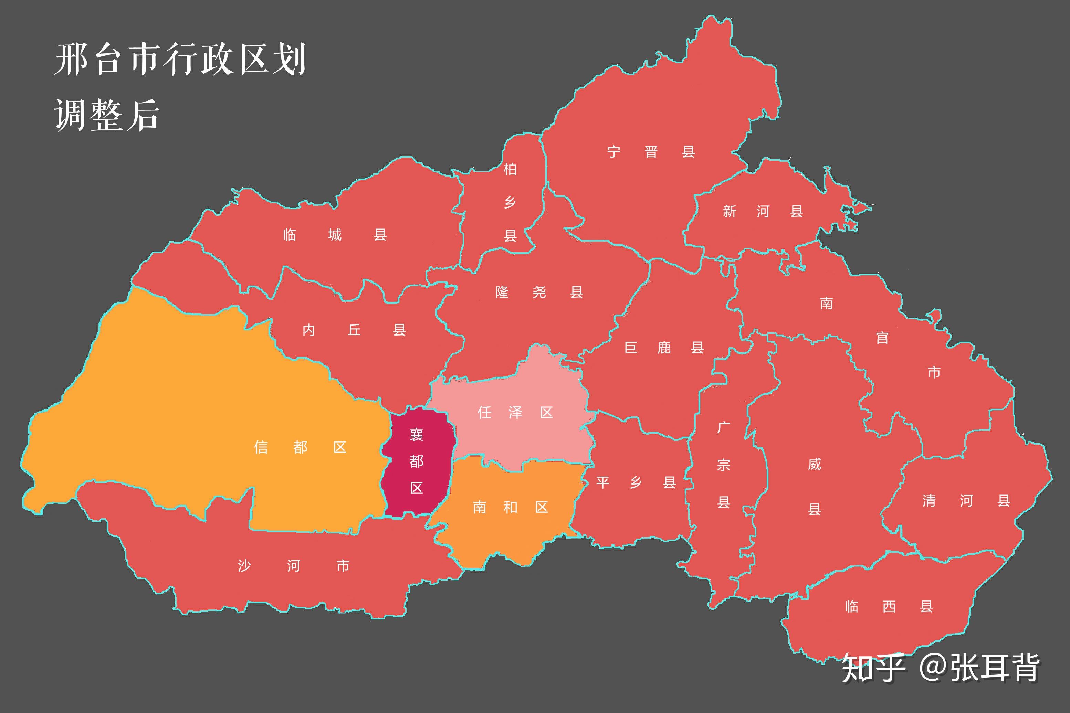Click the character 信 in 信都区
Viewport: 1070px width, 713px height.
click(x=261, y=447)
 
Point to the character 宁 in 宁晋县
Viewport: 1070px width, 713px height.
click(x=614, y=152)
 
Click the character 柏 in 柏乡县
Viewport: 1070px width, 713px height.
click(x=510, y=170)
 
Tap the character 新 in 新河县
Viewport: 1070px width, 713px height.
click(x=729, y=211)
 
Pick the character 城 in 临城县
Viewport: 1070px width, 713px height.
click(x=335, y=235)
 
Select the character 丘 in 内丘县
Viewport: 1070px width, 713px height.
click(x=354, y=330)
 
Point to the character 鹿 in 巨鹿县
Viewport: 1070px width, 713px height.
click(x=664, y=348)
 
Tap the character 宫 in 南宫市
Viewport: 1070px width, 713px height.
click(x=882, y=338)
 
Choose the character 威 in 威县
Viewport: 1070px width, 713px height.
click(x=814, y=464)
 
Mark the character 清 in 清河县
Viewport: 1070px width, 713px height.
click(x=929, y=501)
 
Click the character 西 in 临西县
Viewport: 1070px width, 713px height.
click(x=889, y=607)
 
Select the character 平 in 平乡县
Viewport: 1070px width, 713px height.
click(x=603, y=482)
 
